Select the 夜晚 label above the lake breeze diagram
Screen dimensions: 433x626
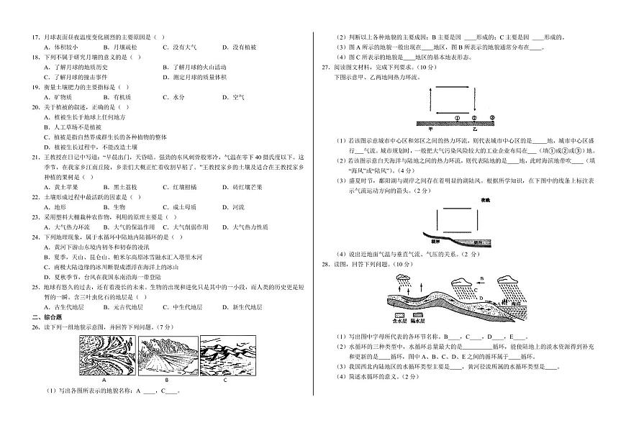pos(486,200)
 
